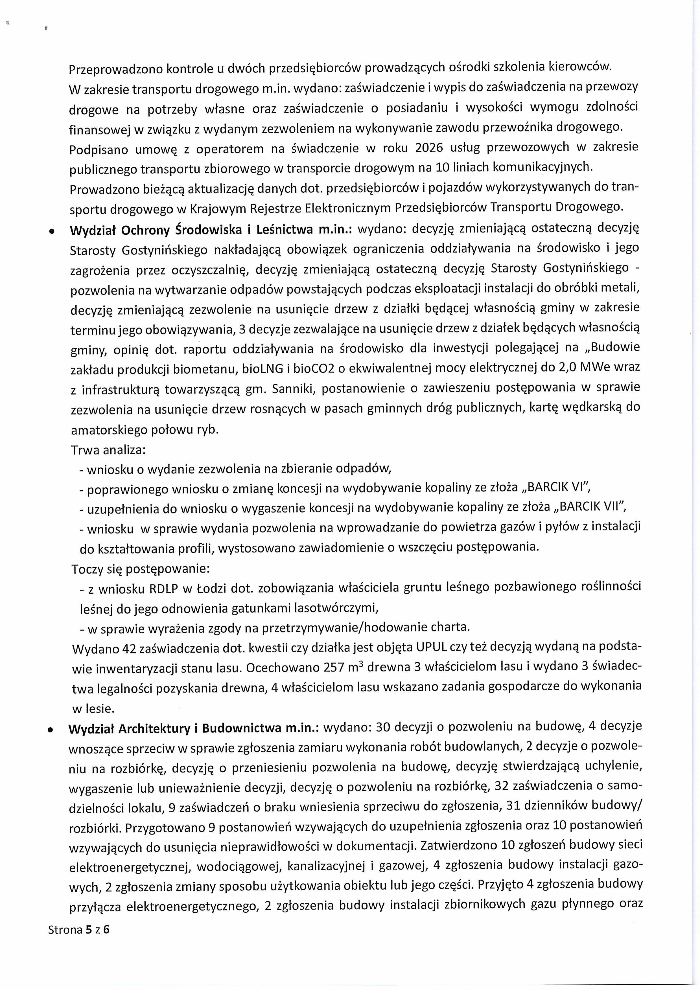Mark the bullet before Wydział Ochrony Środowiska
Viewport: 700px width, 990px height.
coord(52,231)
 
